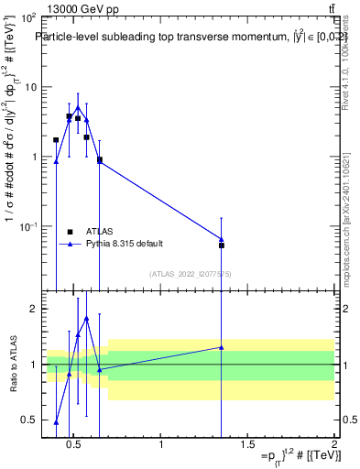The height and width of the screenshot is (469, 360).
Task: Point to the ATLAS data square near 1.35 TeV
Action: click(x=222, y=245)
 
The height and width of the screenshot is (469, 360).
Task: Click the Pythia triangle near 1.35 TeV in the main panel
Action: click(x=222, y=239)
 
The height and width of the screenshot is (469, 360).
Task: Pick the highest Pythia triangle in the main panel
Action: click(x=78, y=108)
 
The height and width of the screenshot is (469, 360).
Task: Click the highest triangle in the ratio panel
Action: click(x=86, y=318)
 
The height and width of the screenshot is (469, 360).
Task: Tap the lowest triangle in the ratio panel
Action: click(x=56, y=422)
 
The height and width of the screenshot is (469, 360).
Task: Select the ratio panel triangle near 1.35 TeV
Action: click(x=222, y=347)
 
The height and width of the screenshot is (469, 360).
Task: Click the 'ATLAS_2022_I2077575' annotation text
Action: click(x=190, y=274)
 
